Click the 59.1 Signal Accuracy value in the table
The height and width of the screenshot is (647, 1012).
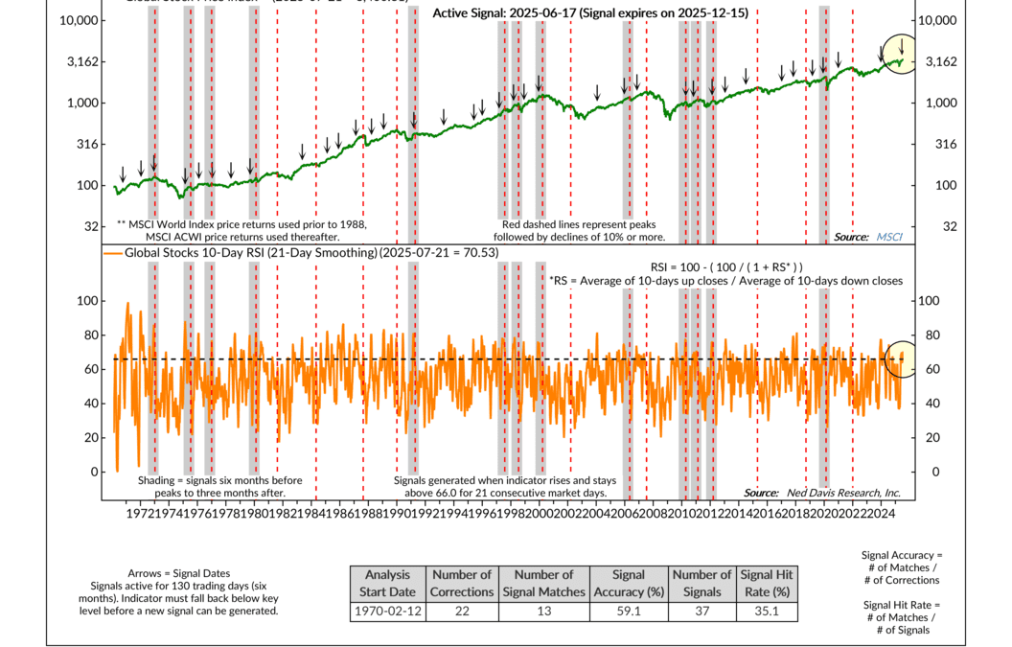pyautogui.click(x=628, y=611)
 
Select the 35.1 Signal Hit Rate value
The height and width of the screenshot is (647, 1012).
pyautogui.click(x=765, y=611)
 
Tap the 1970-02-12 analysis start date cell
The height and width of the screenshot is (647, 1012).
pyautogui.click(x=389, y=611)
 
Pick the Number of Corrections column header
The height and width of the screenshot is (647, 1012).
pyautogui.click(x=461, y=583)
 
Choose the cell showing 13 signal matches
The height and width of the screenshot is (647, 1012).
pyautogui.click(x=543, y=611)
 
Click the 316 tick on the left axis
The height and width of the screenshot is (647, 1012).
pyautogui.click(x=89, y=144)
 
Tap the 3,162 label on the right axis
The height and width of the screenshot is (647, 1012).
pyautogui.click(x=938, y=61)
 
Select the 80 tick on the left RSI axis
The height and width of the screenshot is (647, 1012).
pyautogui.click(x=91, y=335)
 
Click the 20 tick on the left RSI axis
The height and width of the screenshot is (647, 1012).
pyautogui.click(x=91, y=437)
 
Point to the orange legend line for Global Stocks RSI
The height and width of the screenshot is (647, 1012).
pyautogui.click(x=116, y=252)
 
